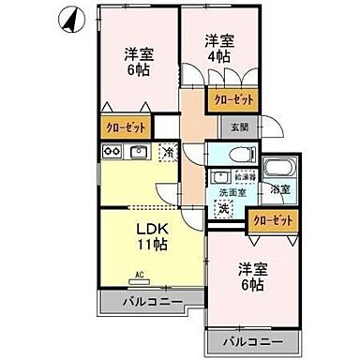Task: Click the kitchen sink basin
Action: click(x=138, y=153)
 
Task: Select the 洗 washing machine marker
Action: click(x=224, y=208)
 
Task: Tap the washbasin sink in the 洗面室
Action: click(x=222, y=175)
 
